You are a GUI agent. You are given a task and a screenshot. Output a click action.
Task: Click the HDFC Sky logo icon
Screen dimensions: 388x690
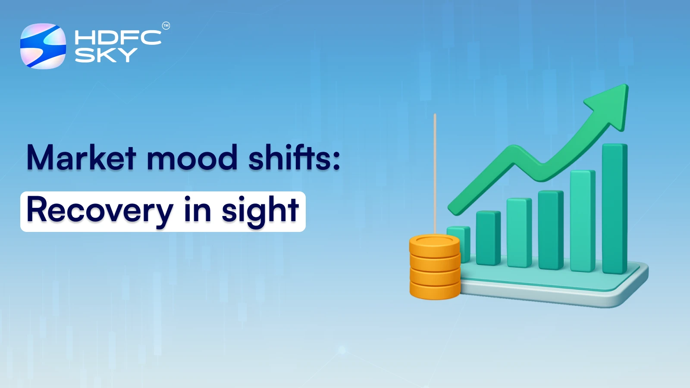click(x=43, y=46)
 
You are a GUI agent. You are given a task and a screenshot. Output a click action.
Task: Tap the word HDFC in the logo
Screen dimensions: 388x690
click(x=118, y=38)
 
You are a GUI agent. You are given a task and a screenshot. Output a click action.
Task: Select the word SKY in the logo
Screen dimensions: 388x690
click(x=106, y=55)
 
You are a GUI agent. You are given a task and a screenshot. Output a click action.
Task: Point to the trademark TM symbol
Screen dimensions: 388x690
click(x=166, y=26)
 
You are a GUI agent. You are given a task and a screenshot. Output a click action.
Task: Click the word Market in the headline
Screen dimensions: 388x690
click(x=82, y=158)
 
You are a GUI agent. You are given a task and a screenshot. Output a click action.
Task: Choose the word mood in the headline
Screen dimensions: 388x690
click(x=192, y=158)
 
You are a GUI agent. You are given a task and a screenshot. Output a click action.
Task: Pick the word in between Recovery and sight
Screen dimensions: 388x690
click(x=197, y=210)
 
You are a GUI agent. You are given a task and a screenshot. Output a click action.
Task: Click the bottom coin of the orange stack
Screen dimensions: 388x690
click(x=435, y=291)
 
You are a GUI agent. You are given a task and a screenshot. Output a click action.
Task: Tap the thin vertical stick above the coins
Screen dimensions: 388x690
click(x=435, y=172)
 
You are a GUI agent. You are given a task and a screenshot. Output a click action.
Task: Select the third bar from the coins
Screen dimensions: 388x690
click(x=519, y=233)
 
